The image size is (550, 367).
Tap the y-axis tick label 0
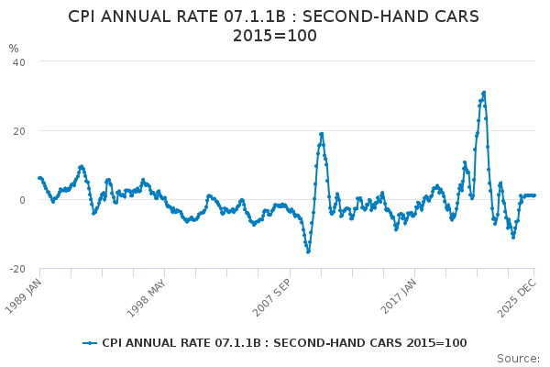click(22, 200)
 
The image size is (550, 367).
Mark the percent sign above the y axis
click(14, 49)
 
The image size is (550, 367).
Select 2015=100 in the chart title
click(275, 36)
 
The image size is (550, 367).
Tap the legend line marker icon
click(90, 343)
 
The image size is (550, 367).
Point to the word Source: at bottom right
click(518, 358)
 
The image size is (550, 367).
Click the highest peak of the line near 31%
click(483, 93)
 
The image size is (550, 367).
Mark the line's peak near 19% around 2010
click(322, 134)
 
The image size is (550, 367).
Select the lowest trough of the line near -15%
click(308, 251)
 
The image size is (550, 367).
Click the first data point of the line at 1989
click(39, 178)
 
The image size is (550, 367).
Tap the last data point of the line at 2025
click(534, 195)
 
